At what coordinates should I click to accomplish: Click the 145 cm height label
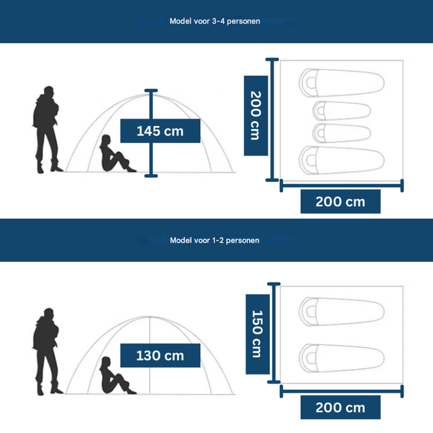click(160, 131)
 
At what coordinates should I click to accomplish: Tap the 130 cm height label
click(160, 356)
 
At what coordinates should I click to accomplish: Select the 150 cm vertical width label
click(257, 334)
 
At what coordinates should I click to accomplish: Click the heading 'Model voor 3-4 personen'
click(215, 22)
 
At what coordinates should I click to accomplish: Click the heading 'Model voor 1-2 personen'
click(214, 240)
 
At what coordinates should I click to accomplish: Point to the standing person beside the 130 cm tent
click(47, 352)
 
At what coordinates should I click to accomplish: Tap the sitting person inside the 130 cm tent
click(113, 377)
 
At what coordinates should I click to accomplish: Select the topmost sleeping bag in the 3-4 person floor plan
click(342, 82)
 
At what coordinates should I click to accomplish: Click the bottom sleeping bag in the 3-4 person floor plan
click(342, 159)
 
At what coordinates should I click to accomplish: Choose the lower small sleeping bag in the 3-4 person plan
click(342, 133)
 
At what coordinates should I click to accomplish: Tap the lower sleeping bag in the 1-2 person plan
click(342, 358)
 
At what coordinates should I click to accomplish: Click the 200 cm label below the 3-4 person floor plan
click(340, 202)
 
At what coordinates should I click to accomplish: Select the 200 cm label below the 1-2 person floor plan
click(340, 408)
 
